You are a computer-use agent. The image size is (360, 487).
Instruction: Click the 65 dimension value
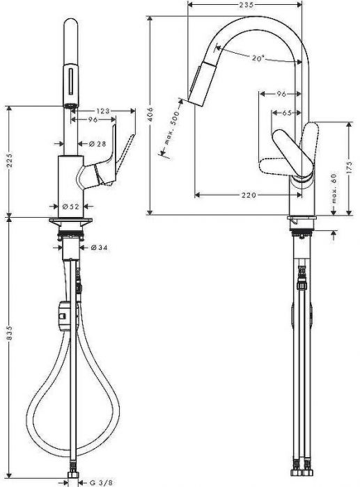coord(287,112)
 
